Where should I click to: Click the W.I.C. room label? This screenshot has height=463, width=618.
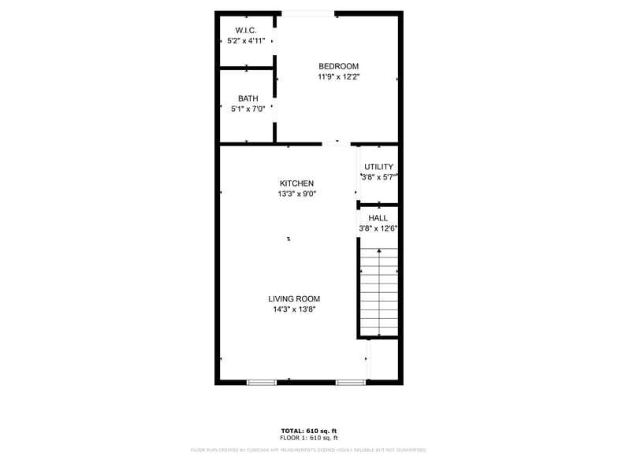(246, 30)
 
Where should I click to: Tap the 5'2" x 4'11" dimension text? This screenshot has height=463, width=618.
(246, 40)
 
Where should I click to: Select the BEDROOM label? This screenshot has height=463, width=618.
(338, 66)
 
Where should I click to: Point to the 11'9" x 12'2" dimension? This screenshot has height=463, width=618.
(338, 77)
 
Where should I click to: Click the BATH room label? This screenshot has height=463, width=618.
(248, 98)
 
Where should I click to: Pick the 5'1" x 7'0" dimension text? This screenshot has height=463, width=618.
(248, 109)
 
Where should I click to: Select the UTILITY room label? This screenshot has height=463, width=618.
(378, 167)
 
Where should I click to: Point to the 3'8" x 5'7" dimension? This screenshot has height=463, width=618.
(378, 178)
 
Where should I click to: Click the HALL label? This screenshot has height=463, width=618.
(378, 218)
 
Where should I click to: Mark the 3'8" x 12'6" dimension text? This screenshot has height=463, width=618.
(378, 229)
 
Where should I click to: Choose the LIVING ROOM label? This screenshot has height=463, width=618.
(294, 299)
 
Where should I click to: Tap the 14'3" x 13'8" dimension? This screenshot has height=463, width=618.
(294, 310)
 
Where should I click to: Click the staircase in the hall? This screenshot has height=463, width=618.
(379, 291)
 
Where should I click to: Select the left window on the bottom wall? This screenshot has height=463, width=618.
(262, 383)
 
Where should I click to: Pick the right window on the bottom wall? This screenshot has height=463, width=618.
(350, 383)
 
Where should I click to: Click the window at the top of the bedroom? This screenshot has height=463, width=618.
(308, 13)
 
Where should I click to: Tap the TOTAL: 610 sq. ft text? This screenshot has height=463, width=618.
(308, 431)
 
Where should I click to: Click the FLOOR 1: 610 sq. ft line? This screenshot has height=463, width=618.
(308, 438)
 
